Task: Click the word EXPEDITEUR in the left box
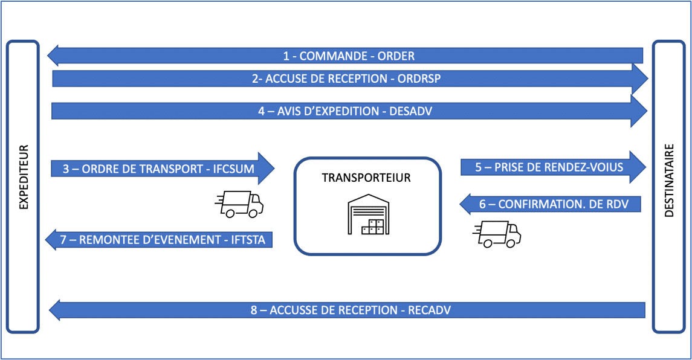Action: [x=24, y=177]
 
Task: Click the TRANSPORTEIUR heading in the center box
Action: [x=367, y=178]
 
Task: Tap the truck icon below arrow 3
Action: [x=239, y=204]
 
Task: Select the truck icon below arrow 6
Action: [x=497, y=234]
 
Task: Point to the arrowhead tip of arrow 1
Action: [x=48, y=56]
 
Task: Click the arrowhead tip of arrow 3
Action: [x=274, y=169]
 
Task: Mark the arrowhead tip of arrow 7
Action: [x=47, y=240]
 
